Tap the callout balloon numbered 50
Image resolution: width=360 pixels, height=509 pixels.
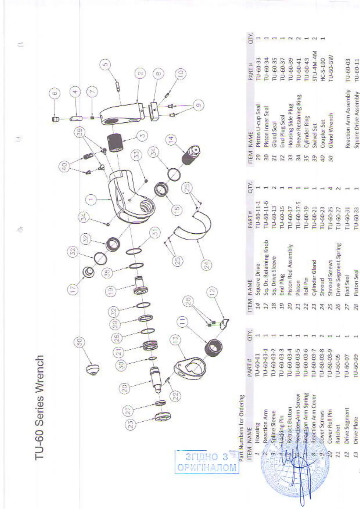(79, 342)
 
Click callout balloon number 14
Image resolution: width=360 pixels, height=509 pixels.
(172, 139)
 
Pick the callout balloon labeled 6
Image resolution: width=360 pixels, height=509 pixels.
(55, 93)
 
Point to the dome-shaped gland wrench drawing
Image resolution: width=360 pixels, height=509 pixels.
(93, 369)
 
